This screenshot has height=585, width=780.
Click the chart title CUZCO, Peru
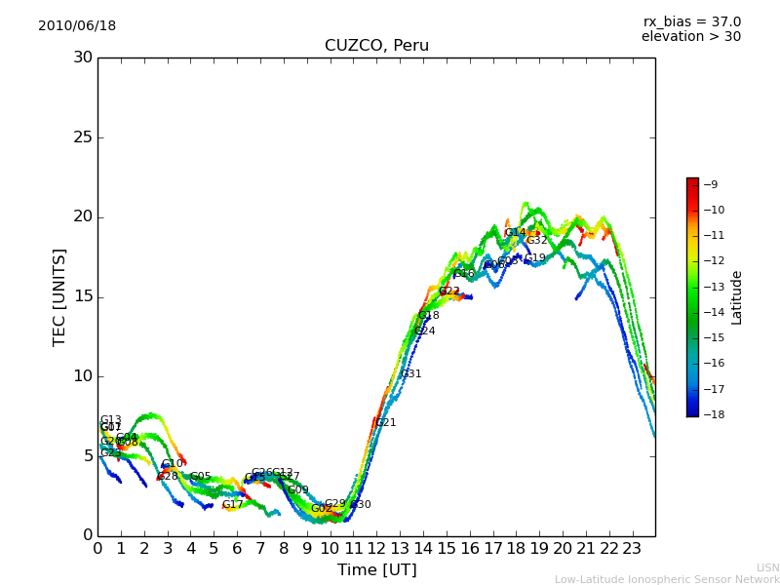376,46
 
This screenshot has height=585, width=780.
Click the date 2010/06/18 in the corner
77,26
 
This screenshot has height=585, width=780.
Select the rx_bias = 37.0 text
691,21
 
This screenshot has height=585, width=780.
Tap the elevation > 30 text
690,37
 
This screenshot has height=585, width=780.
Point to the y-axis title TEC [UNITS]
59,296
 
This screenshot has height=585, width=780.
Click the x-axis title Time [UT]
376,570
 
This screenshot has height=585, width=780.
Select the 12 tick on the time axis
376,548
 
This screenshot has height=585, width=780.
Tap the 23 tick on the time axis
632,548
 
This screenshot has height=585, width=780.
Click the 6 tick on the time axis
237,548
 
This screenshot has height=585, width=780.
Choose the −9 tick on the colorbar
711,184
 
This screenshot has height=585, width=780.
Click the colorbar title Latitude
737,297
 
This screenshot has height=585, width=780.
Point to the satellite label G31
410,374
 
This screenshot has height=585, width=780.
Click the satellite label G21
385,423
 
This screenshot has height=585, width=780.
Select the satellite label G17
232,505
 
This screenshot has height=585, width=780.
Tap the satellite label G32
536,241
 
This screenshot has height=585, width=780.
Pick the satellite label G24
424,331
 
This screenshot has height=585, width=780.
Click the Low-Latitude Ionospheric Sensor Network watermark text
667,580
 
